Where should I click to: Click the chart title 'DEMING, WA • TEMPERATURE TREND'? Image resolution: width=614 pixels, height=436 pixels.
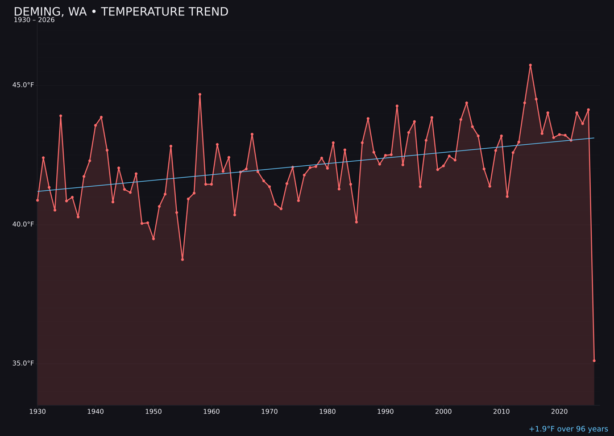click(121, 12)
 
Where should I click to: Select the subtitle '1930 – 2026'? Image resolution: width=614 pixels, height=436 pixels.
click(34, 20)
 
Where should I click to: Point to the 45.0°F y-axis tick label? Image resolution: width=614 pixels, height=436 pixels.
click(23, 85)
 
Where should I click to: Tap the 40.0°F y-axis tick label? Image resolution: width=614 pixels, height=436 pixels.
click(23, 224)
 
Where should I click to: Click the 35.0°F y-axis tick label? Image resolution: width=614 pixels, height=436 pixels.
click(23, 363)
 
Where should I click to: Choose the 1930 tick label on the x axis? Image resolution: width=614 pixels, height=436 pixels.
click(38, 412)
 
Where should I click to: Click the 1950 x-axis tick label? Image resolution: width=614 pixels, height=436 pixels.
click(153, 412)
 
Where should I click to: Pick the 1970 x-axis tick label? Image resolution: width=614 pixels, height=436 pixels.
click(269, 412)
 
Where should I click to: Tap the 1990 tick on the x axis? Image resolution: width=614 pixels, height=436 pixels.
click(385, 412)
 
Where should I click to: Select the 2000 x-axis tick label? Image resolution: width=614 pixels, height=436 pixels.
click(443, 412)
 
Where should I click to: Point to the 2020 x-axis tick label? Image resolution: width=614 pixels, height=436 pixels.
click(559, 412)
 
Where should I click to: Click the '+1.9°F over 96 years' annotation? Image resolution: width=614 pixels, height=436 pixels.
click(568, 429)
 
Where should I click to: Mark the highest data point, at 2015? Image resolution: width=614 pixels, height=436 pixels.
click(530, 65)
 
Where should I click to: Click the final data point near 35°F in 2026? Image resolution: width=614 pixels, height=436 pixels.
click(594, 360)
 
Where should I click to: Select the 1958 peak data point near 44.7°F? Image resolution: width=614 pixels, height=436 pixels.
click(200, 94)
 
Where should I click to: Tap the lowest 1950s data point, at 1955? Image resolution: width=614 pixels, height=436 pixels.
click(182, 259)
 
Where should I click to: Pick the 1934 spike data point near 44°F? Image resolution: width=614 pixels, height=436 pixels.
click(61, 116)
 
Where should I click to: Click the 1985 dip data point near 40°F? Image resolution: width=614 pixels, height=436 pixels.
click(356, 222)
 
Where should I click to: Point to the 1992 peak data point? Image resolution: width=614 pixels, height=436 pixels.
click(397, 106)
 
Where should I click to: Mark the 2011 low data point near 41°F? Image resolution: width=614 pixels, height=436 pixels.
click(507, 196)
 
